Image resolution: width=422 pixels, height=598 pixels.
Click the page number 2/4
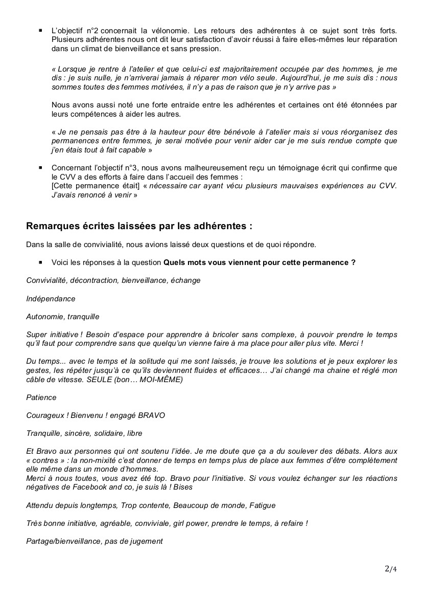pyautogui.click(x=390, y=569)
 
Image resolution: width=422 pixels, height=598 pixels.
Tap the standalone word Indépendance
pyautogui.click(x=51, y=299)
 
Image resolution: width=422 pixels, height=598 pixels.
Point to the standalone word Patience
pyautogui.click(x=41, y=397)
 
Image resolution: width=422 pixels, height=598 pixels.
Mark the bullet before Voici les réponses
pyautogui.click(x=40, y=262)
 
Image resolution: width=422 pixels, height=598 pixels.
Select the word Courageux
pyautogui.click(x=45, y=415)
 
